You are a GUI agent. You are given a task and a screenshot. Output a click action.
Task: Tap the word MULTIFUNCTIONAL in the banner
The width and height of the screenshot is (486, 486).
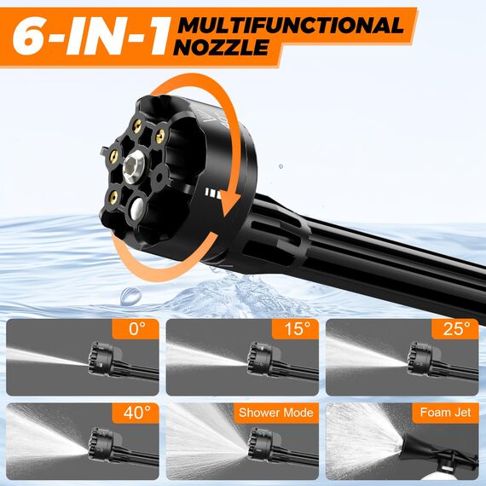click(290, 25)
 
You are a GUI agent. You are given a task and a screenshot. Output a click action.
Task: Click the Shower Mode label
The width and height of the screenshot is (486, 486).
click(275, 413)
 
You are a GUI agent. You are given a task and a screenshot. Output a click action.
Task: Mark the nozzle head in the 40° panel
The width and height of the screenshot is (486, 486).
click(97, 446)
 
